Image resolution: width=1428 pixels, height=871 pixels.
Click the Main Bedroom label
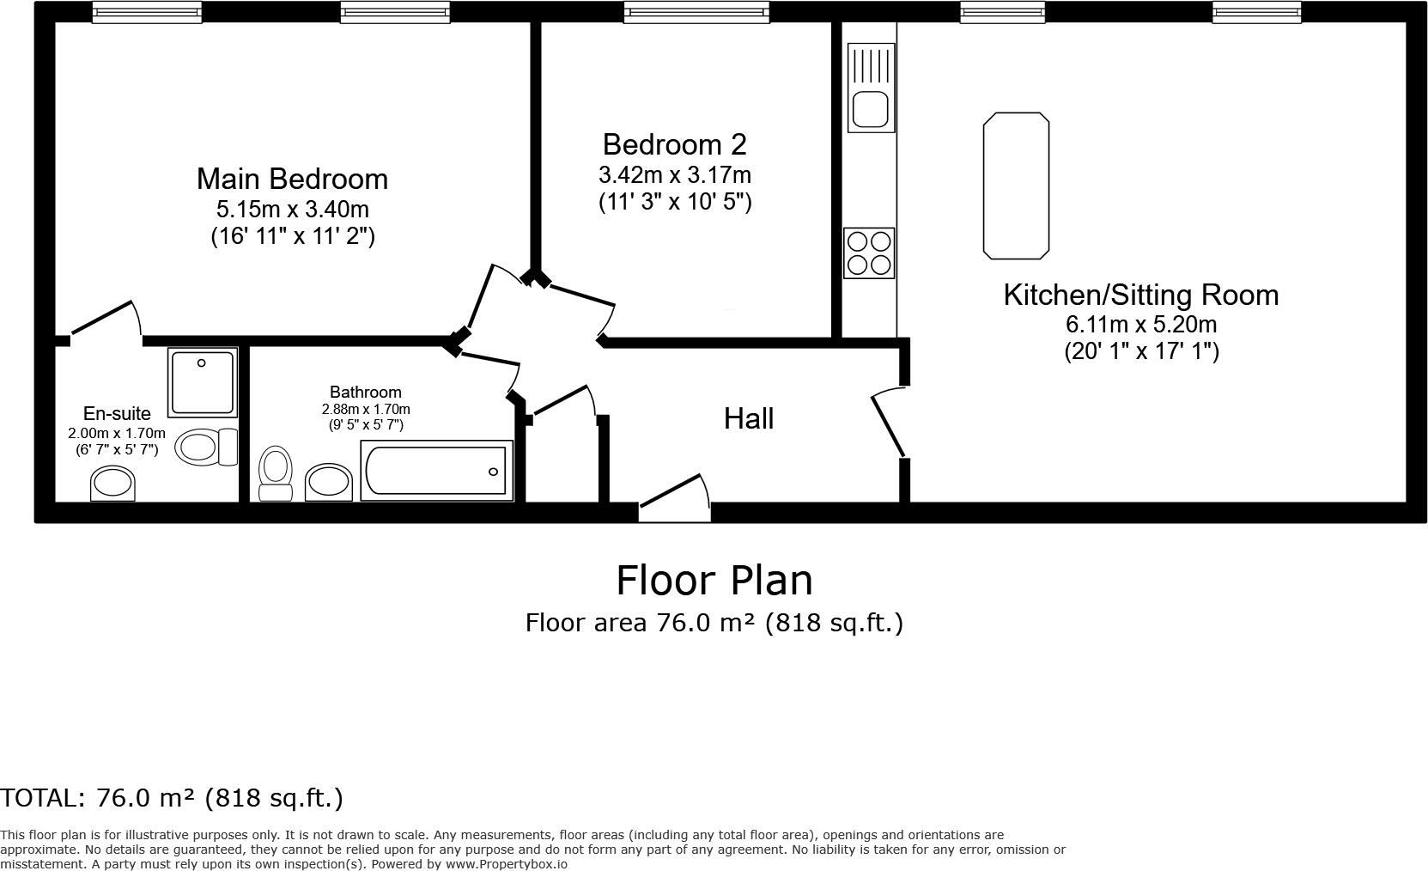(292, 179)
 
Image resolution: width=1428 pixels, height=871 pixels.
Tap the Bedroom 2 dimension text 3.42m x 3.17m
(674, 175)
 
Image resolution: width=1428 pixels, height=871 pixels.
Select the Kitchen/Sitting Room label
(1140, 295)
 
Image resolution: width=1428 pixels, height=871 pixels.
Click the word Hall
(748, 419)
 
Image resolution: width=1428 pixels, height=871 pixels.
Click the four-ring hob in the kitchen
(869, 253)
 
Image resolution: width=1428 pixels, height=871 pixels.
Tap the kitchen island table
(1016, 185)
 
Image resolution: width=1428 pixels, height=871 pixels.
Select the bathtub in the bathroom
(436, 470)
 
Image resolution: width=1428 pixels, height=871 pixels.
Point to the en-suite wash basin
(113, 484)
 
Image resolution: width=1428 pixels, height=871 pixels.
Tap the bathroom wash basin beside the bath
(328, 481)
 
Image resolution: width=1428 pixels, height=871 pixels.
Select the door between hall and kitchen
(890, 423)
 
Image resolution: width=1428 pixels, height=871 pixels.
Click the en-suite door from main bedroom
(105, 320)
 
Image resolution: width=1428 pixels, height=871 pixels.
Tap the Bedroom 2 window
(696, 12)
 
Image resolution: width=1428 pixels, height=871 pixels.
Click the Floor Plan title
(714, 580)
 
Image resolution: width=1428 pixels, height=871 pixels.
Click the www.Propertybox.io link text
(506, 864)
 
